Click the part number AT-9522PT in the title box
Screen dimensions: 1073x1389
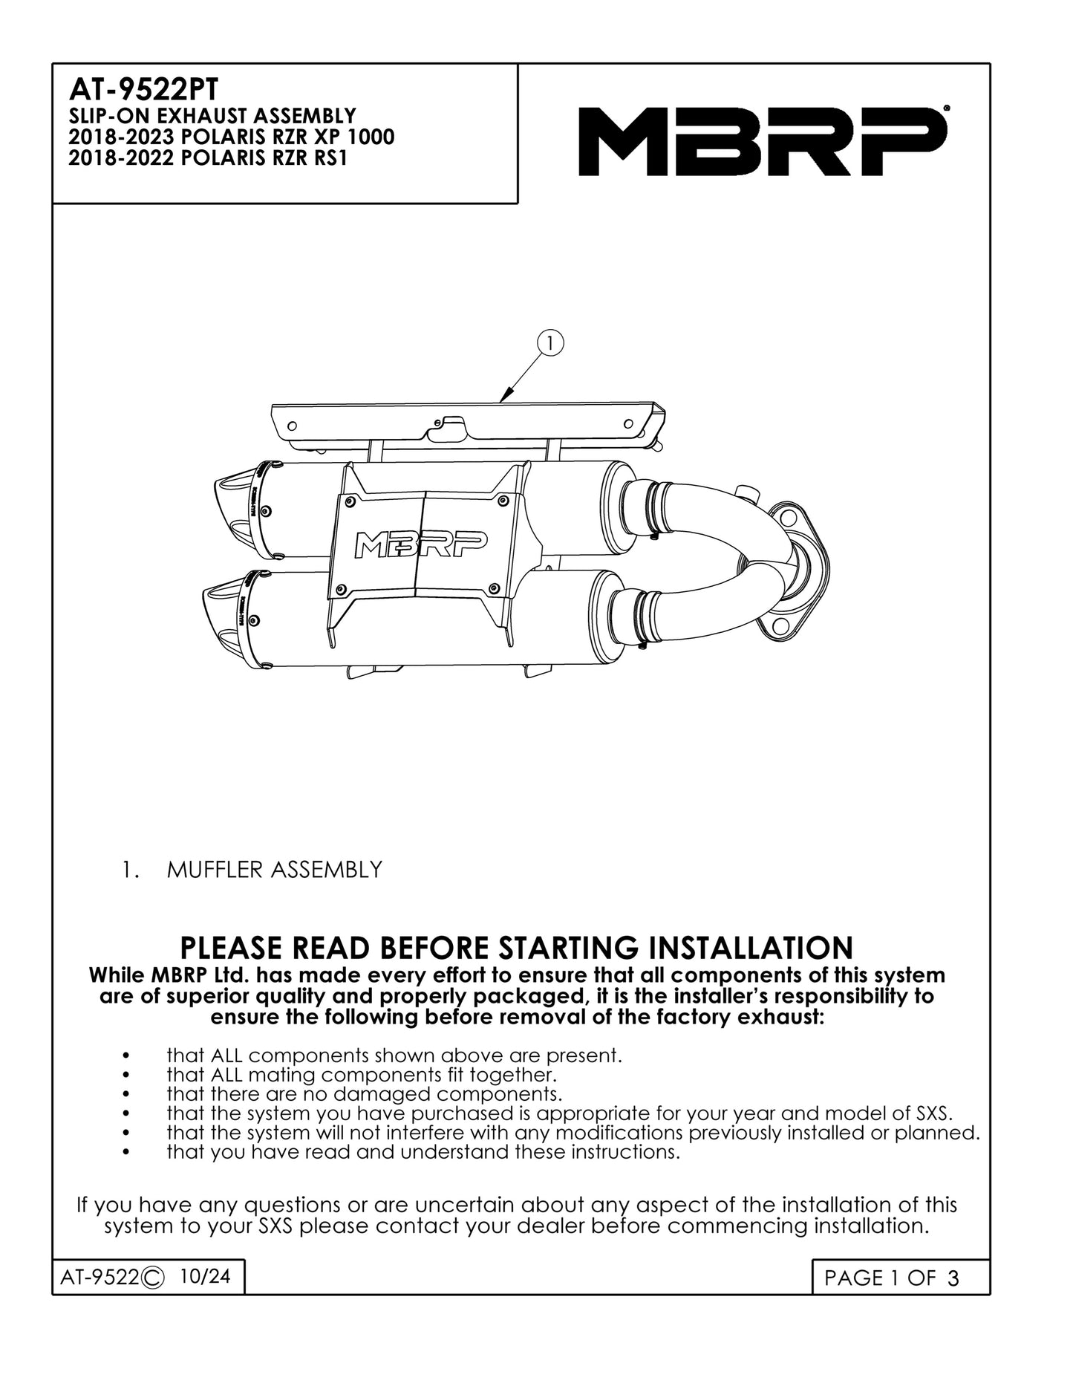[x=143, y=90]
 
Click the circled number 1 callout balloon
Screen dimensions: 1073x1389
[x=550, y=342]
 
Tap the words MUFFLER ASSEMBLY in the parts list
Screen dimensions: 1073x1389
[x=275, y=869]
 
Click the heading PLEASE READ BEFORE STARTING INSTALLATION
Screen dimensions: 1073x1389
[x=517, y=949]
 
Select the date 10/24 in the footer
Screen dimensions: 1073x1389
[x=205, y=1275]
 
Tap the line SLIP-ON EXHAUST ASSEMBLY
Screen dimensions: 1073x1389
[x=212, y=117]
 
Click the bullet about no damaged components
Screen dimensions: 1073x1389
[x=365, y=1094]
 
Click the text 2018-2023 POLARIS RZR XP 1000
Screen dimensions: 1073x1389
[x=231, y=137]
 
